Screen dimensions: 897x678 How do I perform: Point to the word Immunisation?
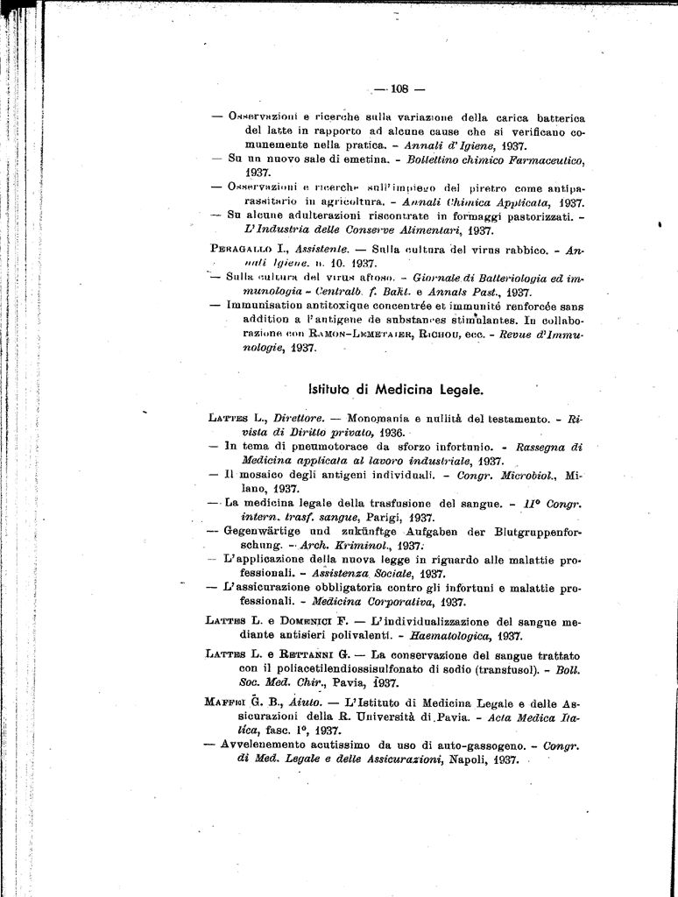coord(266,305)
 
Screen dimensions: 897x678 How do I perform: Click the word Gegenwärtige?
coord(268,531)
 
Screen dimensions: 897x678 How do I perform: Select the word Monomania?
coord(383,418)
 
